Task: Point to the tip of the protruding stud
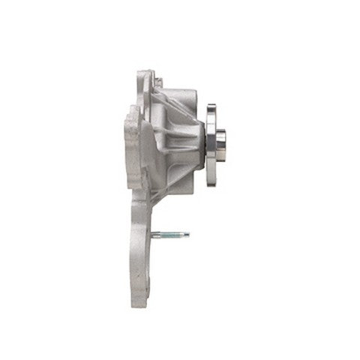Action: [x=187, y=235]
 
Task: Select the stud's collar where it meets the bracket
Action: [x=154, y=235]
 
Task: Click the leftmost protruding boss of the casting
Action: [x=128, y=142]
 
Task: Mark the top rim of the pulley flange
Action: [x=211, y=106]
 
